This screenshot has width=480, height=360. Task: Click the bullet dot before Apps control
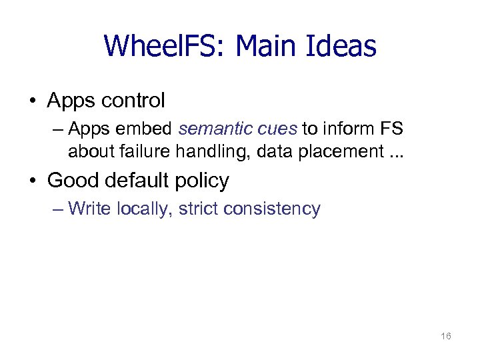[33, 101]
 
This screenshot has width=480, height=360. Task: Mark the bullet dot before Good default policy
[33, 181]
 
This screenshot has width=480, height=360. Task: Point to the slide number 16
[446, 337]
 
